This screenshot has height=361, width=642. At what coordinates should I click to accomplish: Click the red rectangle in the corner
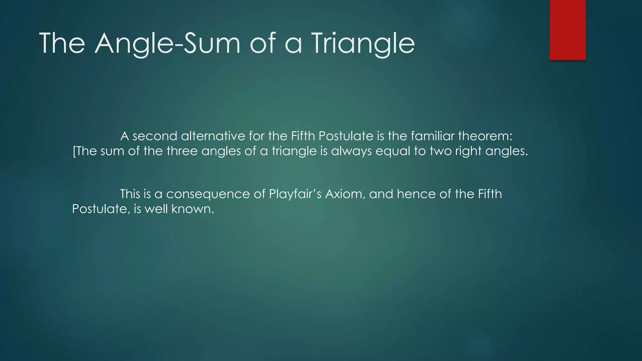567,30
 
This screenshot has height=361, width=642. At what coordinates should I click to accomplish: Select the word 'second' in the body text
155,136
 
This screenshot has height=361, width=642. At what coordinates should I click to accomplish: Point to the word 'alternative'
213,136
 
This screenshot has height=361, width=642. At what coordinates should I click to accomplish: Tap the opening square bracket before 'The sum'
74,151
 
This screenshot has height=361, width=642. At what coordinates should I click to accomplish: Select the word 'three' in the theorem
182,151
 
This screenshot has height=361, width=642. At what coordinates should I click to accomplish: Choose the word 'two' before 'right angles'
441,151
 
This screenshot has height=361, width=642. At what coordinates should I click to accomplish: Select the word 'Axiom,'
345,194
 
